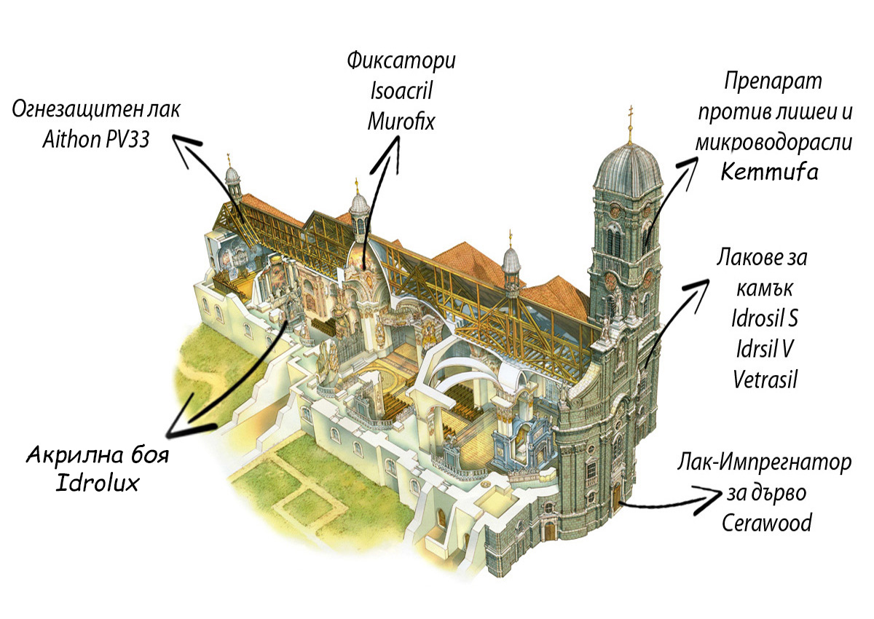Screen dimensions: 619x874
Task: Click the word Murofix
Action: point(401,121)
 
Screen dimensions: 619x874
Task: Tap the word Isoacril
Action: point(401,90)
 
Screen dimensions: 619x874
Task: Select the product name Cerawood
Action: point(767,523)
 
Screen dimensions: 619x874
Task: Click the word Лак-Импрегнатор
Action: point(763,463)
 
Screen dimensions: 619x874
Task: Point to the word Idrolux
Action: point(98,484)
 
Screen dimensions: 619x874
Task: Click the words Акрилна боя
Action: point(98,456)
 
